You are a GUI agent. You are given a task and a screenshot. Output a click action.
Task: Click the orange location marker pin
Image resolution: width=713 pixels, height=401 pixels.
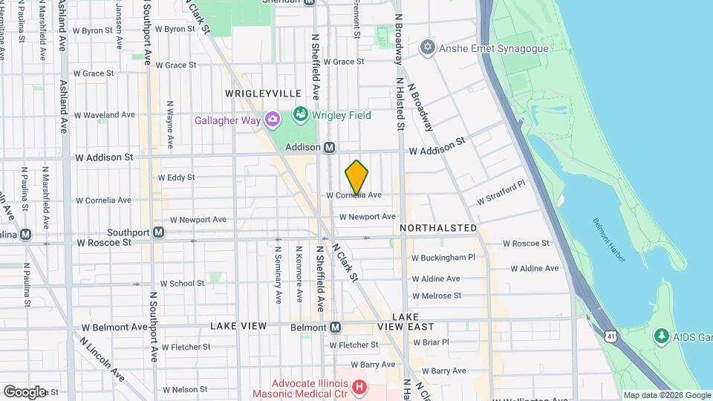(x=356, y=177)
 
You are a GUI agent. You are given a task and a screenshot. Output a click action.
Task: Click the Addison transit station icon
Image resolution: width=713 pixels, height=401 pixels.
(x=329, y=148)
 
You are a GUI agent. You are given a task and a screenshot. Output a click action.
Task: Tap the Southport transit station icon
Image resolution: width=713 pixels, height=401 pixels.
(x=158, y=232)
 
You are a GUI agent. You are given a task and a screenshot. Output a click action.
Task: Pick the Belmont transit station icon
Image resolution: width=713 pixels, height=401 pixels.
(x=335, y=327)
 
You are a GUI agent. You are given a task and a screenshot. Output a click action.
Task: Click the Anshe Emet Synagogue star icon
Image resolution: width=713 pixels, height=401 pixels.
(x=426, y=48)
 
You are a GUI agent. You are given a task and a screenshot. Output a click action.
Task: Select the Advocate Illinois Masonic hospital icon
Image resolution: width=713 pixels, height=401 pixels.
(x=359, y=387)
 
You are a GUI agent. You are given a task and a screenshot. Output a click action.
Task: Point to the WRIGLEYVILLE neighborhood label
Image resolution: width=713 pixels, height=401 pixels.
(x=264, y=93)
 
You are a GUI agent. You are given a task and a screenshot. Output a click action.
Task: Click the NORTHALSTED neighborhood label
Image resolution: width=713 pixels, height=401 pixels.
(x=437, y=227)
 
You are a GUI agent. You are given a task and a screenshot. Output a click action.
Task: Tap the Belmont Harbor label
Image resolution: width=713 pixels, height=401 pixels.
(x=608, y=238)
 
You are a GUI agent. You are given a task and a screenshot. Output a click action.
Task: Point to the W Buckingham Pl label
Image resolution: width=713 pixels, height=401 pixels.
(x=443, y=258)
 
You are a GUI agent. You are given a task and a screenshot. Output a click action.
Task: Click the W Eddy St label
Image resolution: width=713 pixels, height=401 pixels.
(x=177, y=177)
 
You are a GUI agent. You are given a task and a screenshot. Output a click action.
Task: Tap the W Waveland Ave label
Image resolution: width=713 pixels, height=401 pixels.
(x=105, y=115)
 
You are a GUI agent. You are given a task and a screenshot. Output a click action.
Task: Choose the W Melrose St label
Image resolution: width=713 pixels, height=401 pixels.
(x=436, y=296)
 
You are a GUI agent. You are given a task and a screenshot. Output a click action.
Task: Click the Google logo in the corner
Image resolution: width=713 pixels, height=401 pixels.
(x=25, y=391)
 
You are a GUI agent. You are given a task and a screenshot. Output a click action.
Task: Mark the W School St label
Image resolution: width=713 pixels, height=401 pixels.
(x=182, y=283)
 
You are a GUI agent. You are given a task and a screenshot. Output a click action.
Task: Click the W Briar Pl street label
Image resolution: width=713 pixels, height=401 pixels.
(x=431, y=342)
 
